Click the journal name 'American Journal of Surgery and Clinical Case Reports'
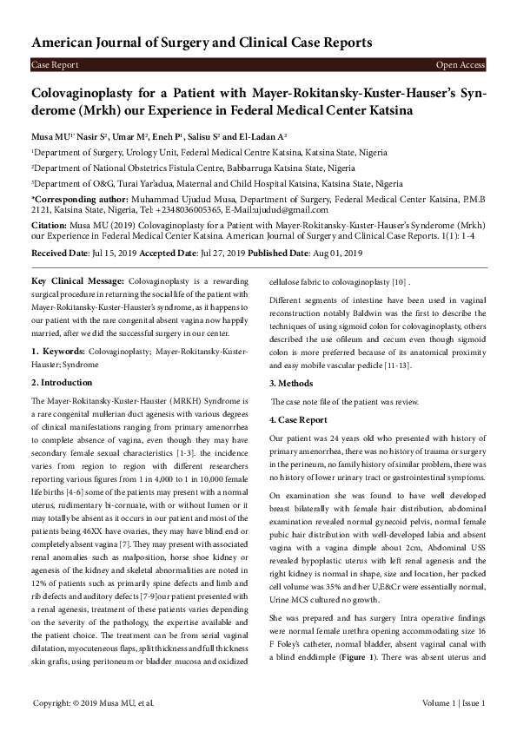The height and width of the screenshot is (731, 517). pos(202,43)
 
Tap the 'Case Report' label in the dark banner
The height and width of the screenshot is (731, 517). pos(55,65)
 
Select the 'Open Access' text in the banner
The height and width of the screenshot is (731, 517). pos(461,65)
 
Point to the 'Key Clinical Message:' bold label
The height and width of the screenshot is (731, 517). pos(77,282)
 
